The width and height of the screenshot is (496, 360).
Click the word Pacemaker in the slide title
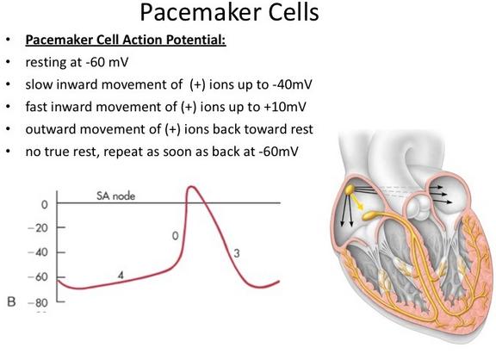(x=201, y=13)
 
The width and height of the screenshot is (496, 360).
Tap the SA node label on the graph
(x=115, y=196)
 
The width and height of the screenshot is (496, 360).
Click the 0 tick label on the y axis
(x=45, y=205)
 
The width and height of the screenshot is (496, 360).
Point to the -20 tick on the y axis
(x=38, y=227)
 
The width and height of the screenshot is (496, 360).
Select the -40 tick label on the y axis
(x=38, y=252)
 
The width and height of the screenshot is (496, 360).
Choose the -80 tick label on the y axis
(x=38, y=303)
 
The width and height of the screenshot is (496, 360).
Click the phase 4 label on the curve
(x=121, y=276)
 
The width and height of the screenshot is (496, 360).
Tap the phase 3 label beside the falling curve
(x=237, y=253)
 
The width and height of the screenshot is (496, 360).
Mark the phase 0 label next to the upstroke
(x=176, y=236)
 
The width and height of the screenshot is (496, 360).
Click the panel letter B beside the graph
(x=11, y=301)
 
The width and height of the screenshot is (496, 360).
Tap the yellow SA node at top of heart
(x=350, y=189)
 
